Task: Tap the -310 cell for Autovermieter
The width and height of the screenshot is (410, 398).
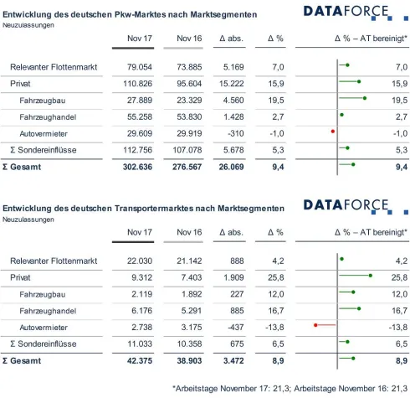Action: [238, 132]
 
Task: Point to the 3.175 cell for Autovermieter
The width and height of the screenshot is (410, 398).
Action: [190, 325]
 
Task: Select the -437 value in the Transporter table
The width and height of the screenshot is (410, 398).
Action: [238, 325]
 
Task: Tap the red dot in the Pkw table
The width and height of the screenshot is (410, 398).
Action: [332, 132]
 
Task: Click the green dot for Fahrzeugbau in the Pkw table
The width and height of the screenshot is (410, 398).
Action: [365, 100]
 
